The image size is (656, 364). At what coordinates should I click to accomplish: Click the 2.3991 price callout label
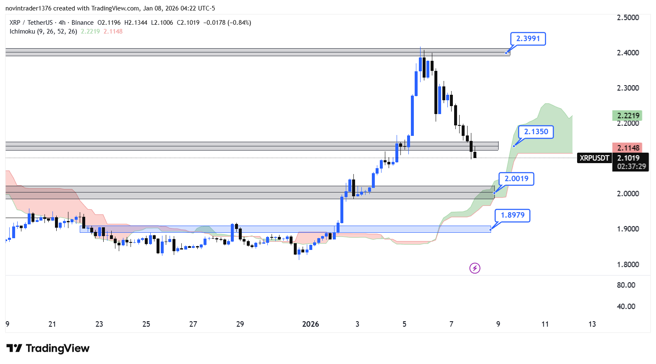(528, 39)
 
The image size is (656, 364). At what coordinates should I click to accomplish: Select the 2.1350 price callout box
(536, 132)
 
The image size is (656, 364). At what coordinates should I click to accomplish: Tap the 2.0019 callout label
(516, 179)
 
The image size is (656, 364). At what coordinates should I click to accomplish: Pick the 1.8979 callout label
(512, 215)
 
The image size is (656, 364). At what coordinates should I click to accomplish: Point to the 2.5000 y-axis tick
(628, 18)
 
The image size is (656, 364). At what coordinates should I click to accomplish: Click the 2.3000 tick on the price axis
(628, 88)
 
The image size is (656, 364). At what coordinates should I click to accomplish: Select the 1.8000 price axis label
(628, 265)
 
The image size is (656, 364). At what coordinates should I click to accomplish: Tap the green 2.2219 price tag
(628, 115)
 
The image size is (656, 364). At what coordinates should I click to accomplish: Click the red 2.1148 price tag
(628, 148)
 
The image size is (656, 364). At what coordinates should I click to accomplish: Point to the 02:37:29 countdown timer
(631, 166)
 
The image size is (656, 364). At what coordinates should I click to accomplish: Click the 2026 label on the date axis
(311, 324)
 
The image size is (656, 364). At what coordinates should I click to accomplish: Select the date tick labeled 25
(146, 324)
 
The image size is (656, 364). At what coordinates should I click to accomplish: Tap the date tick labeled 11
(545, 324)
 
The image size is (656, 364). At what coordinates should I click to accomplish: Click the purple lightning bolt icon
(475, 268)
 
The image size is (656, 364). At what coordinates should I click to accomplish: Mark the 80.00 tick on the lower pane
(626, 285)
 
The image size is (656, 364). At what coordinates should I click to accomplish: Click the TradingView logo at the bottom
(48, 348)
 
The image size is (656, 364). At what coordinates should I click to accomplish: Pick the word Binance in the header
(82, 23)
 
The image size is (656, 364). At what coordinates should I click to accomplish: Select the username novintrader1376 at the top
(28, 8)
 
